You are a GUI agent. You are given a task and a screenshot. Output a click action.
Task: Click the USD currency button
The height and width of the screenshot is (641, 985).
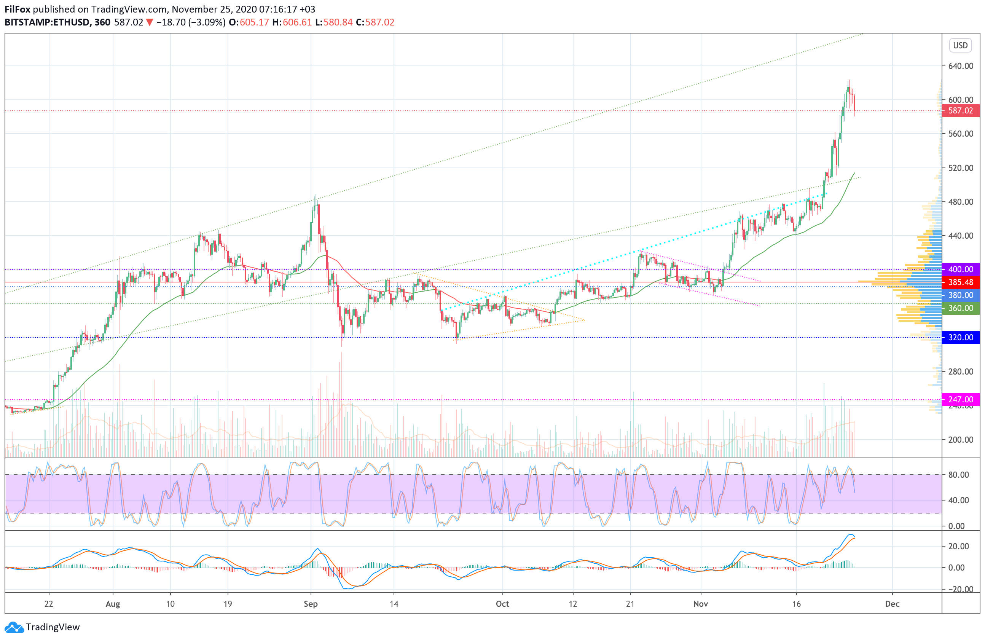click(960, 45)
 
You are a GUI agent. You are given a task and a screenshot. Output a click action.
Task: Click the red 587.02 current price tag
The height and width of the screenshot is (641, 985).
click(960, 110)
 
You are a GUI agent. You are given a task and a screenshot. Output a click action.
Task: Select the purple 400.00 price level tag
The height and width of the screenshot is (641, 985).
click(960, 269)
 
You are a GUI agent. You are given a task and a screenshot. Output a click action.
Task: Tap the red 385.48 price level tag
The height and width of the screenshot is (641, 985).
click(960, 282)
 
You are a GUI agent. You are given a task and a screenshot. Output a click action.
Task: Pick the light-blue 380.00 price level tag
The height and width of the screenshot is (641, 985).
click(960, 295)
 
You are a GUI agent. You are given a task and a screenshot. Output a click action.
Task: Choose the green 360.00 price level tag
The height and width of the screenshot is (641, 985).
click(960, 308)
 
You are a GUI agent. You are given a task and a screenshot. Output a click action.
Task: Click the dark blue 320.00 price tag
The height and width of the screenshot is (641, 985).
click(960, 337)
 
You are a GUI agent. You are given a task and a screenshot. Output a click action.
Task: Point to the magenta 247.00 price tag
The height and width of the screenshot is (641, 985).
click(960, 399)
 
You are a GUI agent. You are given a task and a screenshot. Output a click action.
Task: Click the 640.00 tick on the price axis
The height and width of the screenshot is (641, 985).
click(960, 66)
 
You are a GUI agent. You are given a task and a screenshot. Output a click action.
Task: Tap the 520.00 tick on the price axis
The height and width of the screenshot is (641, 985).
click(960, 167)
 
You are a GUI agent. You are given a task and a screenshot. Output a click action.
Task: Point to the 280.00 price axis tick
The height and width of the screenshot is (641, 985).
click(960, 371)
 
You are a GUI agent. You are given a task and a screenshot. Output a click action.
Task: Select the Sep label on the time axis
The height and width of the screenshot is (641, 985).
click(311, 604)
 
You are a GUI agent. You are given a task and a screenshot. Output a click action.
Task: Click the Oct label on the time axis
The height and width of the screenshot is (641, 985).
click(502, 604)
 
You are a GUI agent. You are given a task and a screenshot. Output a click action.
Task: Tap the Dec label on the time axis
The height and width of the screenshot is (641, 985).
click(892, 604)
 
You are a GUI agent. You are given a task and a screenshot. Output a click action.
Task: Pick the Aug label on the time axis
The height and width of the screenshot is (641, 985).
click(113, 604)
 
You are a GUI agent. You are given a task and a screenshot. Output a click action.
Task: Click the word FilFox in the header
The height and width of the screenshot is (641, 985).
click(18, 9)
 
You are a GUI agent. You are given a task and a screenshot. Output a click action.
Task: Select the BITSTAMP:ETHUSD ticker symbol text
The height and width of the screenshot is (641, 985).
click(47, 22)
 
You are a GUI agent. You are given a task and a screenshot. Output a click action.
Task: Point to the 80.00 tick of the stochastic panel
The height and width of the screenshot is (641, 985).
click(958, 475)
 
